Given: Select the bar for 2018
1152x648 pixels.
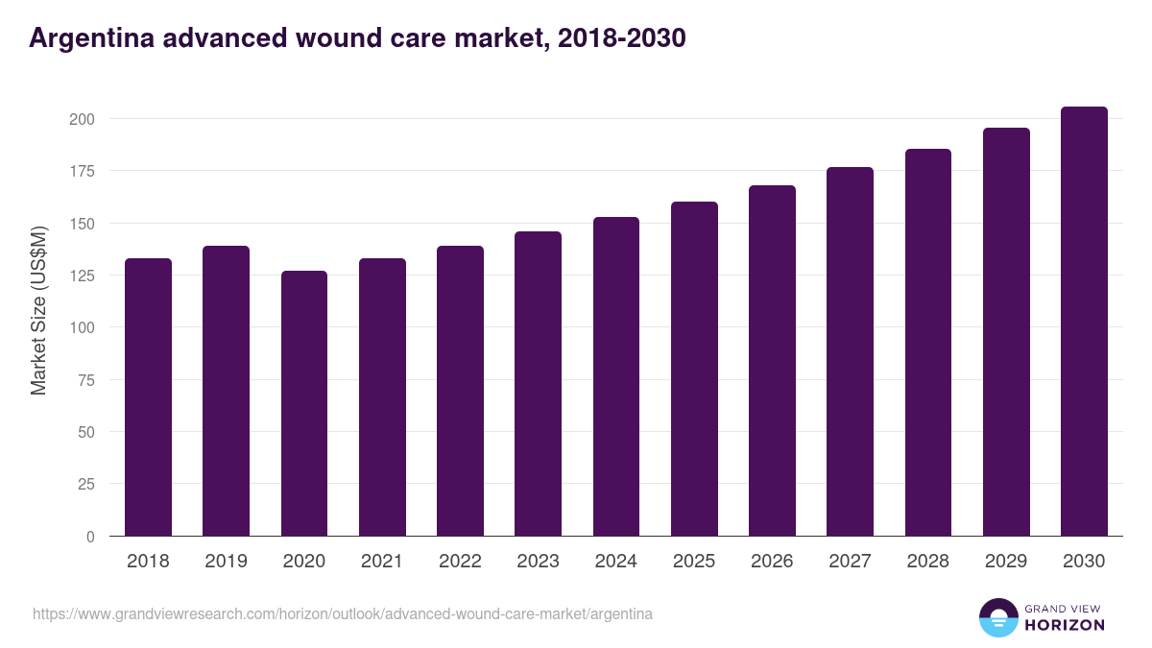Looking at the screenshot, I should click(x=148, y=397).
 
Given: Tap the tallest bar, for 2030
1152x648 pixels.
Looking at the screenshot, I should click(x=1084, y=322).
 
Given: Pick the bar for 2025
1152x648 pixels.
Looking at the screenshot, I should click(x=694, y=369).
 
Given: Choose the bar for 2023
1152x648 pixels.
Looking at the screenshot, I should click(x=538, y=384).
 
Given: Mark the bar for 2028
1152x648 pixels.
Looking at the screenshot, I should click(x=928, y=343).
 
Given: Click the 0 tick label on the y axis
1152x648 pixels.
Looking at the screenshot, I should click(x=90, y=537).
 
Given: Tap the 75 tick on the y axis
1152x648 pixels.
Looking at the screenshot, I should click(x=85, y=380).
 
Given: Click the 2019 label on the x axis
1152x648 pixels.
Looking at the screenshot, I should click(x=226, y=562).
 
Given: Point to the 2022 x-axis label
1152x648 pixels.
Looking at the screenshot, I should click(x=460, y=562).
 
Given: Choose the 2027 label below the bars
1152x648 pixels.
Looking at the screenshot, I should click(x=850, y=562).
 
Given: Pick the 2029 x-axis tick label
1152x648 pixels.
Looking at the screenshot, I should click(x=1006, y=562).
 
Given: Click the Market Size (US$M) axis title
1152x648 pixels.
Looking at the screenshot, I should click(x=38, y=310).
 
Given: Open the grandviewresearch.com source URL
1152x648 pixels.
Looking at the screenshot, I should click(x=343, y=613).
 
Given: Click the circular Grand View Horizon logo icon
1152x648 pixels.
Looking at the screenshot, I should click(x=997, y=617).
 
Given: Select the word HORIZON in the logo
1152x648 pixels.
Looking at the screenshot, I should click(x=1065, y=625).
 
